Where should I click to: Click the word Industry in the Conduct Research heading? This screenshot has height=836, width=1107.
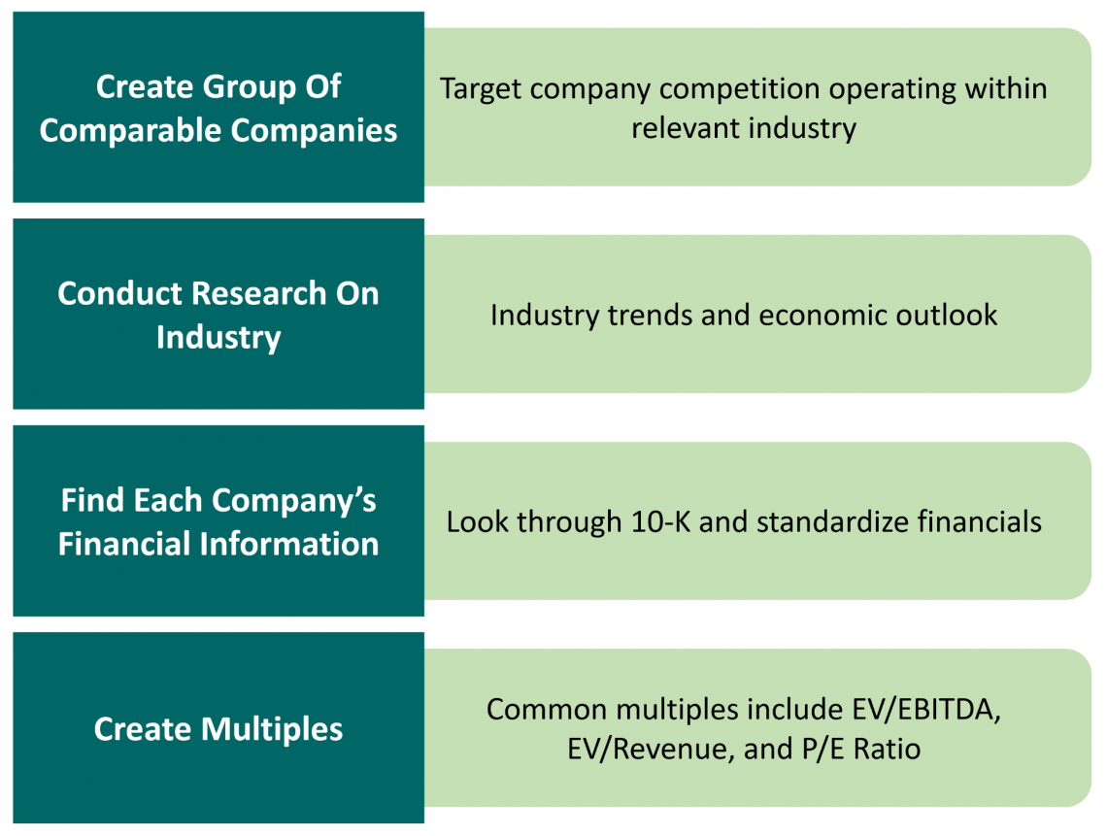click(218, 338)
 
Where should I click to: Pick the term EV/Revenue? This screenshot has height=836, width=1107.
click(651, 751)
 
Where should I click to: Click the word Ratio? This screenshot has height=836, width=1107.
click(888, 750)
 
